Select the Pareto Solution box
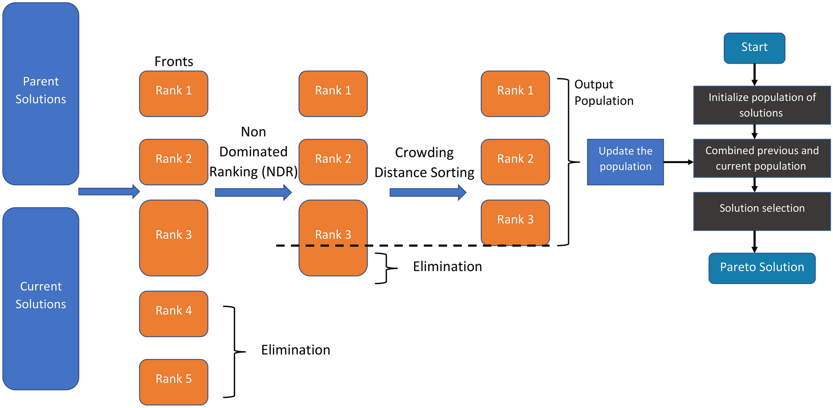click(x=761, y=268)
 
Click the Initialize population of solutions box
click(x=761, y=105)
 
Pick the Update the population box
click(x=625, y=162)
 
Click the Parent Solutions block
click(x=41, y=93)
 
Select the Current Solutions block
click(x=41, y=298)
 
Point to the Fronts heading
click(x=173, y=62)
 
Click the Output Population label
click(x=603, y=93)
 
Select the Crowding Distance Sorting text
click(x=424, y=163)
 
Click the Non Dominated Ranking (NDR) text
click(x=253, y=152)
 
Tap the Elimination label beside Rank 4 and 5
click(x=295, y=350)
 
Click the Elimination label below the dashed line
click(x=447, y=266)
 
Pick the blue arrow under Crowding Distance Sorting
click(x=427, y=192)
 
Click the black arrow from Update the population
click(x=678, y=162)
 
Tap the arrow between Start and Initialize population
click(x=754, y=75)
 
